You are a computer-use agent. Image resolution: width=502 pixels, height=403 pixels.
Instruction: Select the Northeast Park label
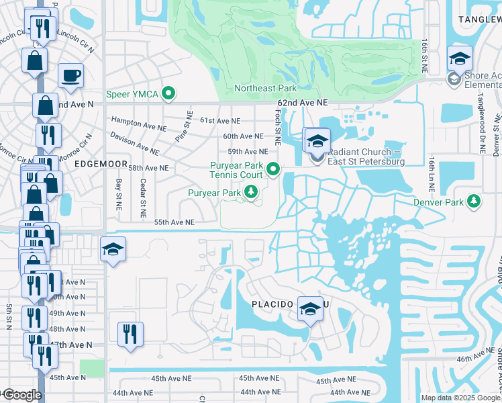click(x=265, y=88)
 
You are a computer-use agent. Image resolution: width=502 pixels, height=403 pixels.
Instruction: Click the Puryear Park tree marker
click(x=251, y=193)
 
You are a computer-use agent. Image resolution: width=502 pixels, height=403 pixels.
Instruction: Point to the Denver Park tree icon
click(x=474, y=201)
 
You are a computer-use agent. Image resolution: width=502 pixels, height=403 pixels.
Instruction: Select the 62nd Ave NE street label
click(x=302, y=102)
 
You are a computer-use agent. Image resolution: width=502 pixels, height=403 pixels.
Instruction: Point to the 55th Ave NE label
click(x=174, y=222)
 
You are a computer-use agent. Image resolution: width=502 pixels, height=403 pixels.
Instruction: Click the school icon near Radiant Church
click(x=317, y=142)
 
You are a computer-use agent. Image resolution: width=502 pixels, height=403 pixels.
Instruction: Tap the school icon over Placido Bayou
click(x=310, y=308)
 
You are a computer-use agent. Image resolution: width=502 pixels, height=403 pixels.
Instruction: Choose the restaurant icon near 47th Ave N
click(x=130, y=334)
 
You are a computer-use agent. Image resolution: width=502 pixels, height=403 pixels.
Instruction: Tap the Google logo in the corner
click(x=21, y=394)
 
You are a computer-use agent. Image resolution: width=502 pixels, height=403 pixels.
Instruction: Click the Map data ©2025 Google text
click(x=460, y=398)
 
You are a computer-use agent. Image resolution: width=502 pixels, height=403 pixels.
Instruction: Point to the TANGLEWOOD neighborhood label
click(x=479, y=20)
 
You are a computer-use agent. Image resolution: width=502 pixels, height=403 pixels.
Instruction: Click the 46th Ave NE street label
click(x=475, y=355)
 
